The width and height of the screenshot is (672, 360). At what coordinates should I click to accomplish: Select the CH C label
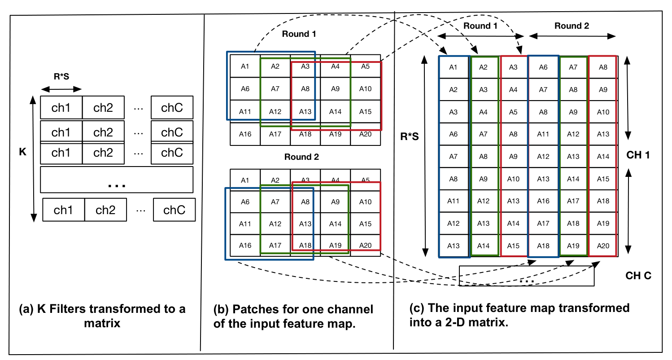click(x=638, y=276)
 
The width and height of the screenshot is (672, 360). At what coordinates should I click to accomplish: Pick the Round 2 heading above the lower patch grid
click(x=301, y=157)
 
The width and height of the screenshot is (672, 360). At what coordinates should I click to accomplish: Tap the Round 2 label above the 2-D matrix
click(x=571, y=26)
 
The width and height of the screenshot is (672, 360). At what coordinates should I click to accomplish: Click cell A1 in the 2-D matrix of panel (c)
click(x=454, y=67)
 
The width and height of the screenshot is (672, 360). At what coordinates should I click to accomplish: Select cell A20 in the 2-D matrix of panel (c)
click(x=603, y=246)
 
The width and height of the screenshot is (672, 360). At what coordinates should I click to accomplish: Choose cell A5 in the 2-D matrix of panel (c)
click(x=513, y=112)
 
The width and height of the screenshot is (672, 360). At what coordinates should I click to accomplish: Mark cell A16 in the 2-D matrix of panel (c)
click(x=543, y=201)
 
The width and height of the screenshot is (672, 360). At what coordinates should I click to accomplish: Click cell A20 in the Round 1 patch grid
click(x=366, y=134)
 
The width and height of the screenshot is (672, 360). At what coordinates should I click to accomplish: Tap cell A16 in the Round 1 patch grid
click(x=245, y=134)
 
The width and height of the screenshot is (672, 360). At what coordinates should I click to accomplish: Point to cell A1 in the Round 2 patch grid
click(x=245, y=180)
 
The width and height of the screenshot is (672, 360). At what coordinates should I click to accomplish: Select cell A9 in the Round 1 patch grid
click(x=336, y=89)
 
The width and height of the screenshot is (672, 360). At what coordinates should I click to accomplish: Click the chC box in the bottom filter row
click(x=174, y=211)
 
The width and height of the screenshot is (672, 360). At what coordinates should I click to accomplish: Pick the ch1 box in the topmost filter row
click(x=61, y=108)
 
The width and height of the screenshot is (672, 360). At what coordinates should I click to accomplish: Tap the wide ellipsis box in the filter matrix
click(x=116, y=180)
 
